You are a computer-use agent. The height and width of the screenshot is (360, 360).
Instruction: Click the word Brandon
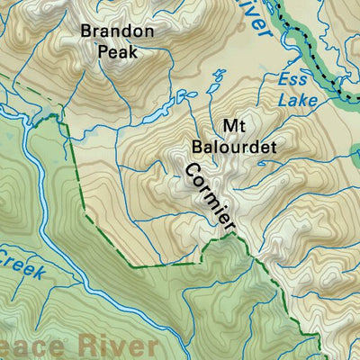click(118, 31)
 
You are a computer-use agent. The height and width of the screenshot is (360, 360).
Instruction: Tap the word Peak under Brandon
click(118, 52)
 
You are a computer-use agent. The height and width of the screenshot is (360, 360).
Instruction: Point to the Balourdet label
click(230, 145)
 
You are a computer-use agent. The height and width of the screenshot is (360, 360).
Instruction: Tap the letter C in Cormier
click(190, 170)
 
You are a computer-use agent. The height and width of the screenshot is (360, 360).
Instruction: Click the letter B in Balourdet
click(197, 145)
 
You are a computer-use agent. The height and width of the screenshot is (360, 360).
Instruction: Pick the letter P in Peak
click(103, 52)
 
